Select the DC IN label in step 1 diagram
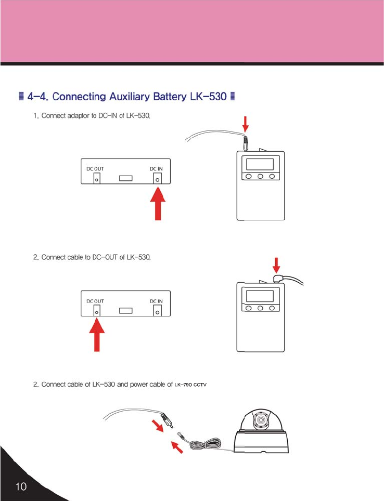click(x=156, y=169)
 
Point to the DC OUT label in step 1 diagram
click(x=95, y=169)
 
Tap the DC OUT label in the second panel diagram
click(x=95, y=301)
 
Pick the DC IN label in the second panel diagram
click(x=156, y=301)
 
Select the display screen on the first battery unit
click(x=260, y=164)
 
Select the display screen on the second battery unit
click(x=260, y=296)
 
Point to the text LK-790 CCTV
click(x=190, y=385)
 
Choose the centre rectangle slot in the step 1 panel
click(x=126, y=178)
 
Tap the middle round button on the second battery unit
click(x=260, y=308)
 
